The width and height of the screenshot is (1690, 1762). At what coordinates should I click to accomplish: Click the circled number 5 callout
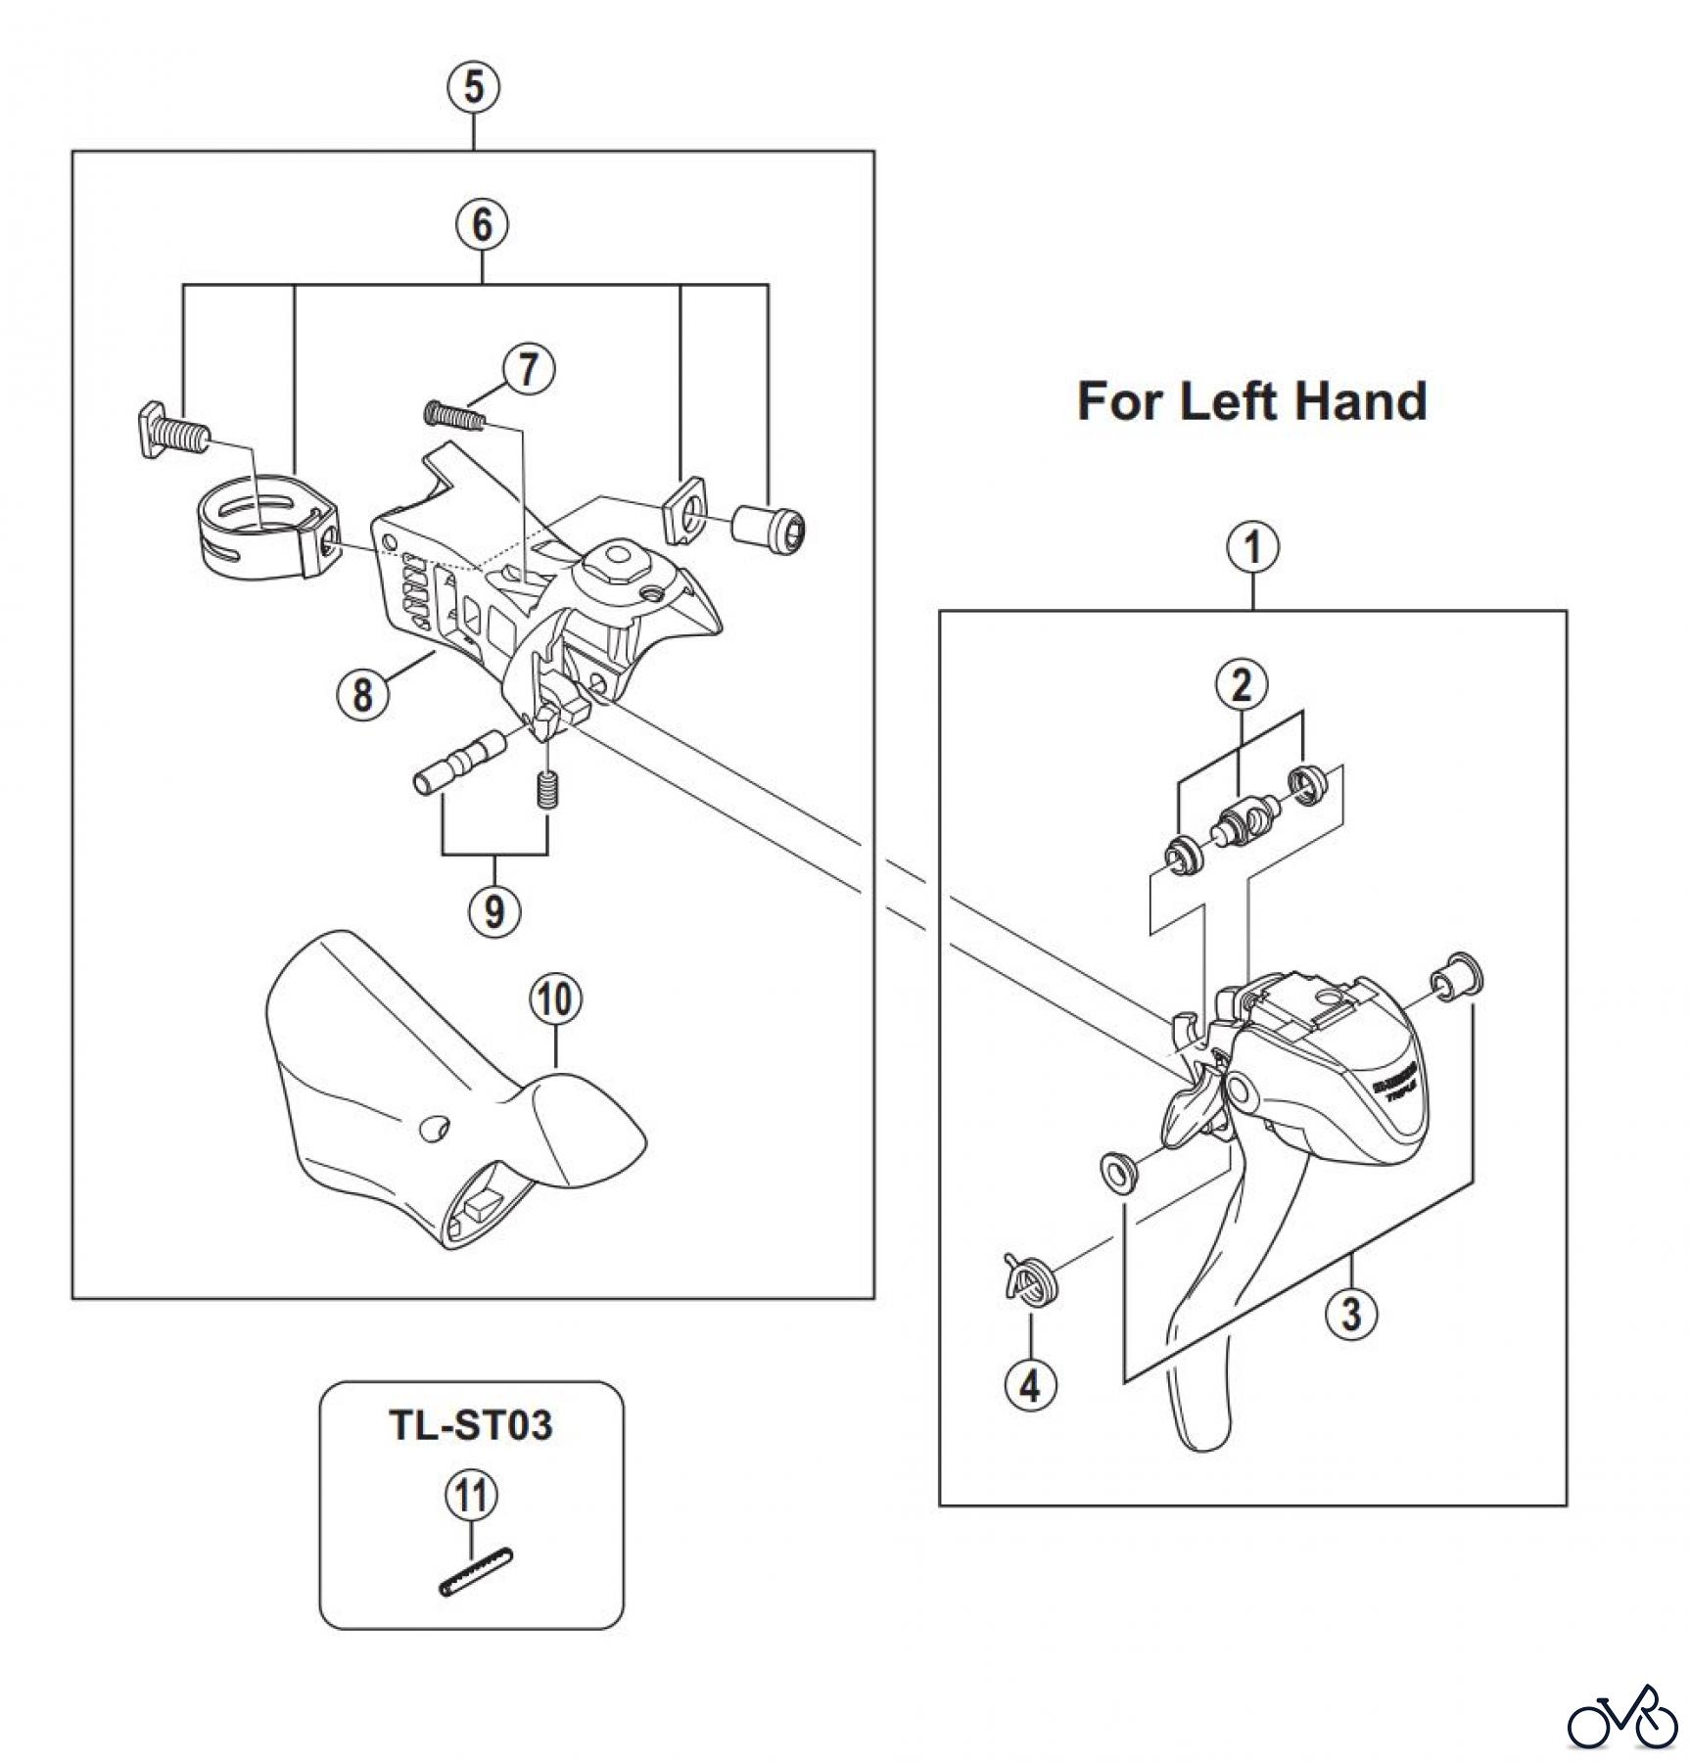[x=474, y=87]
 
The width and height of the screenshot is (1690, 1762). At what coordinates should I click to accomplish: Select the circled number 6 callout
[x=483, y=225]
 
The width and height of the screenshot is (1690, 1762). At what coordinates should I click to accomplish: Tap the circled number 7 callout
[x=528, y=370]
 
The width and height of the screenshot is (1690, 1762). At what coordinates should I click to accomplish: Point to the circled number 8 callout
[x=362, y=694]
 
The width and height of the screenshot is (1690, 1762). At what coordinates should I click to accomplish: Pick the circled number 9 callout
[x=493, y=910]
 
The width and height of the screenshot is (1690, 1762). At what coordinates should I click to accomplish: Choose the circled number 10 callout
[x=555, y=999]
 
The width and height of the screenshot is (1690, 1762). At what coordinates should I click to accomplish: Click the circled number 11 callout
[x=471, y=1496]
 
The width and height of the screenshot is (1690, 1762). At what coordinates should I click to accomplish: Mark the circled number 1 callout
[x=1253, y=548]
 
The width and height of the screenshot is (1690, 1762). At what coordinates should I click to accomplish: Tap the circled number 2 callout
[x=1242, y=685]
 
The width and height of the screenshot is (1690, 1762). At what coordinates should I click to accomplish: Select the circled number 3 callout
[x=1351, y=1313]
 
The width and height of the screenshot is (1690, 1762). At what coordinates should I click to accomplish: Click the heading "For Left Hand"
[x=1251, y=401]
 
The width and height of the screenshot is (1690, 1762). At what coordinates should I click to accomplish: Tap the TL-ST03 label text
[x=471, y=1425]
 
